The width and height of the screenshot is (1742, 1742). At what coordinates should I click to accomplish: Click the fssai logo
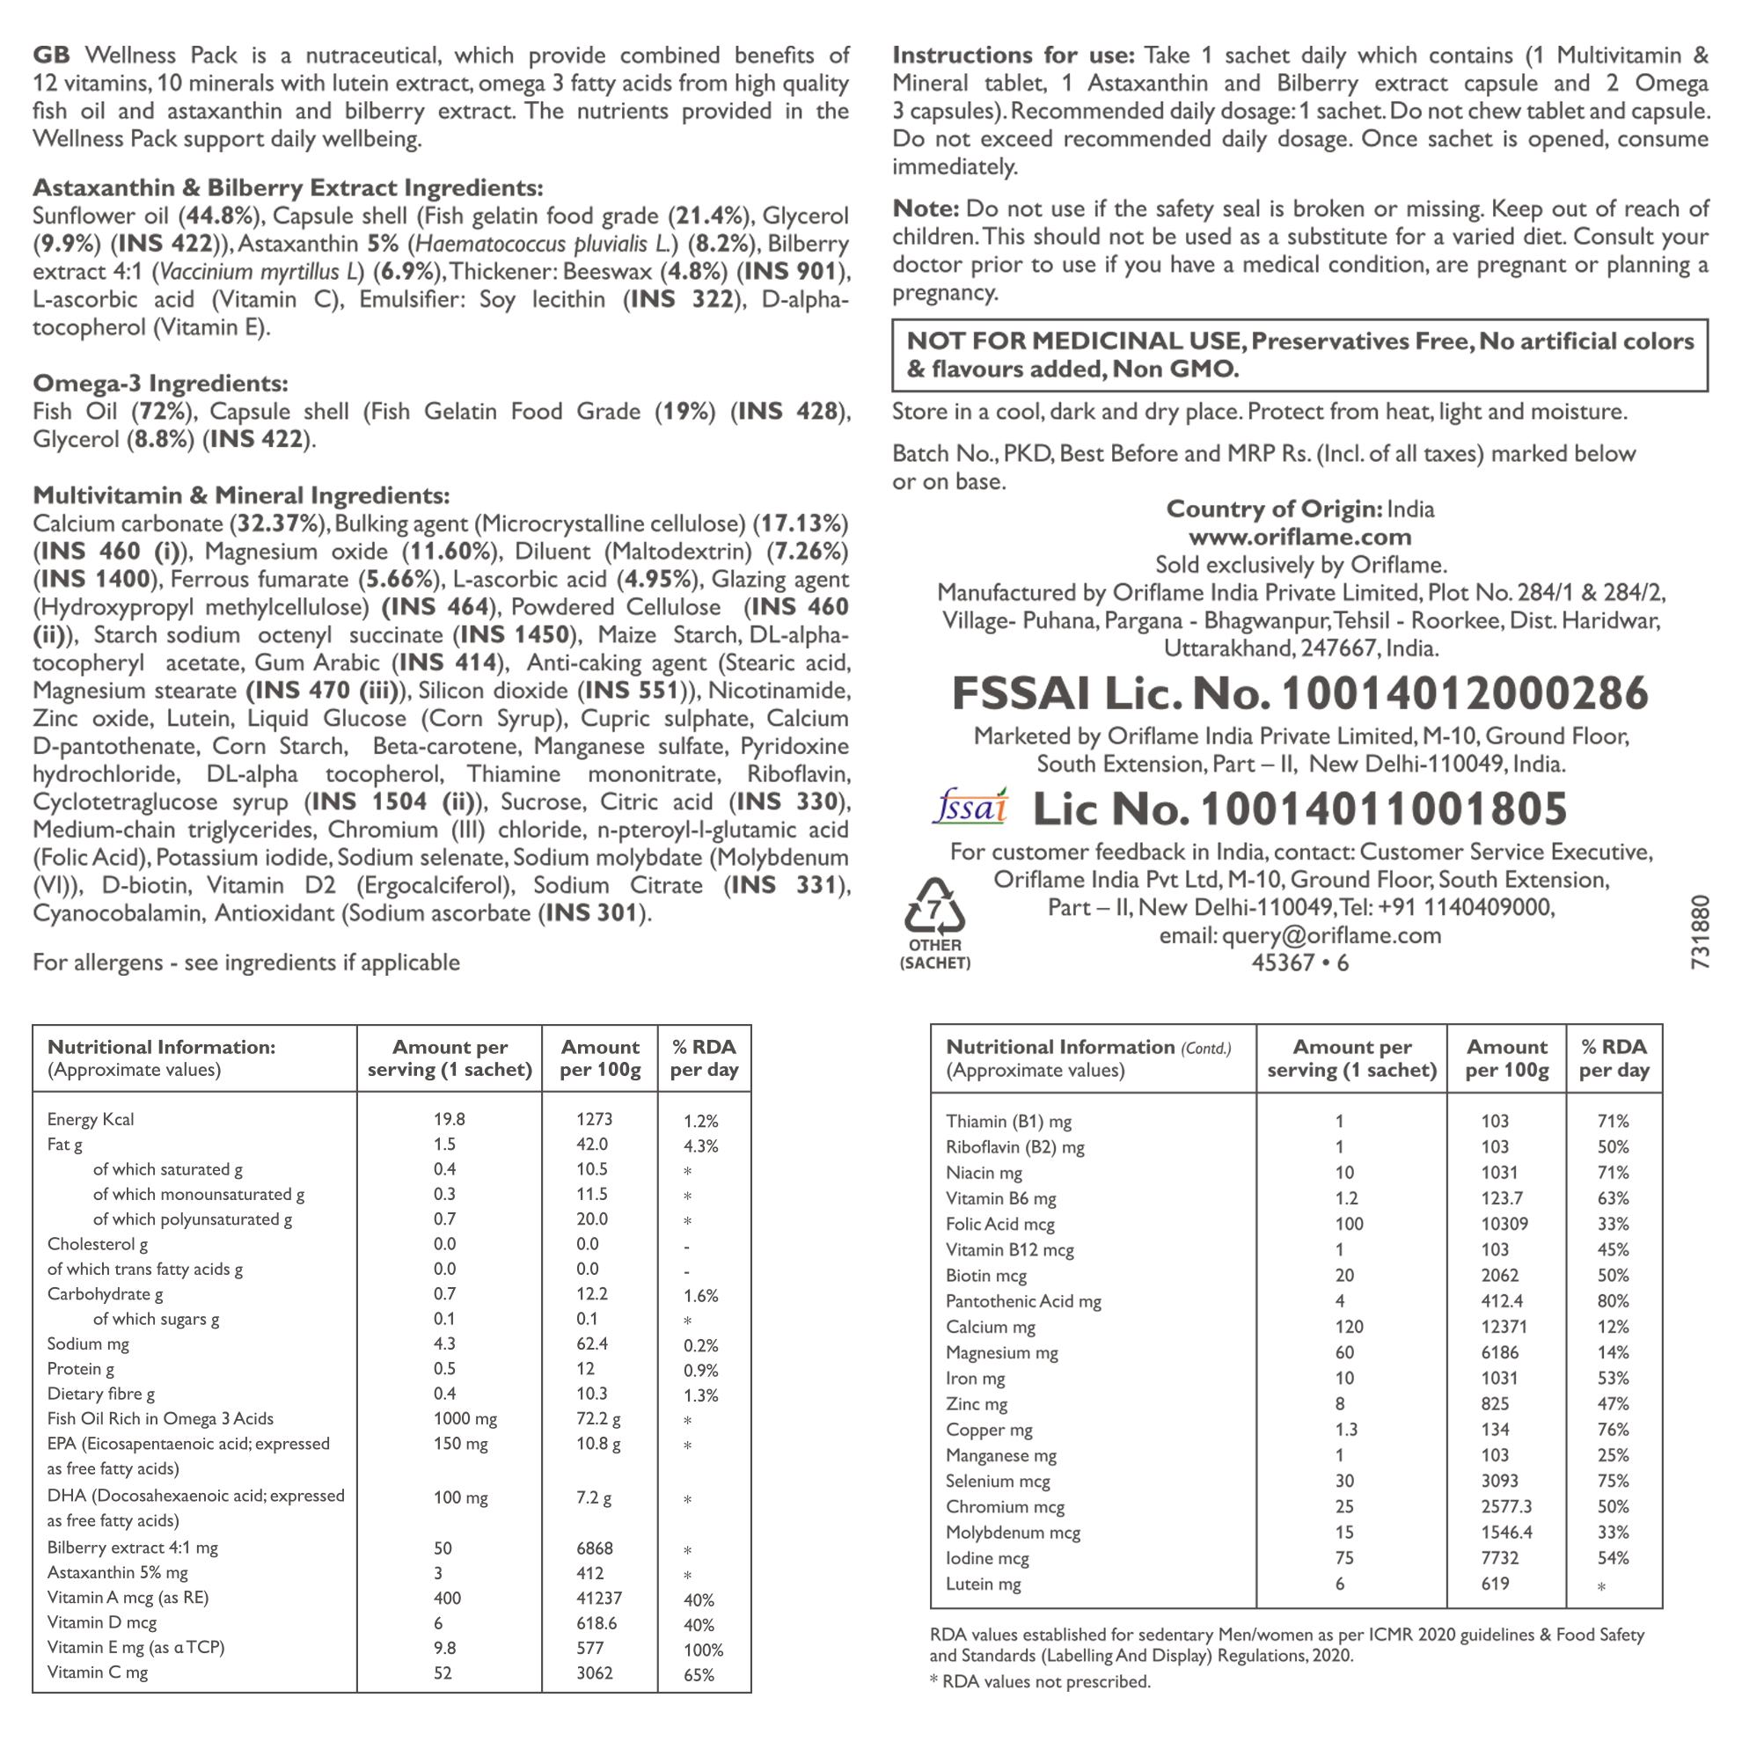tap(970, 807)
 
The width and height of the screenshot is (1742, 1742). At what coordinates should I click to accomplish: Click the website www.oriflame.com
tap(1299, 538)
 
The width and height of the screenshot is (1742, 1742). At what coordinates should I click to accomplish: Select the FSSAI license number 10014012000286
tap(1464, 693)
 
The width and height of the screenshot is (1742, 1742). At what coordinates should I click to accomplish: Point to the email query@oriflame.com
tap(1331, 935)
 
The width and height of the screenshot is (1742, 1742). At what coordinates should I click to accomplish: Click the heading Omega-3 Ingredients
tap(160, 384)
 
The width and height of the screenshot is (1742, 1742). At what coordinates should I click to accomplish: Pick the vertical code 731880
tap(1700, 933)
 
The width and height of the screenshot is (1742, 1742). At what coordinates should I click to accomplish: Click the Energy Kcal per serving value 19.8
tap(449, 1119)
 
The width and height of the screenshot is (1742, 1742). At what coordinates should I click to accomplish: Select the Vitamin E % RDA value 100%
tap(703, 1650)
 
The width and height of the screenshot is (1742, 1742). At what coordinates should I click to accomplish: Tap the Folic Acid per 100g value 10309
tap(1504, 1224)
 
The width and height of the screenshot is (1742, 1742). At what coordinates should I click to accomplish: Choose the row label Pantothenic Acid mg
tap(1023, 1301)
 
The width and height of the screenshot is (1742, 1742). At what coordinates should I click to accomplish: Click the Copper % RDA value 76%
tap(1613, 1429)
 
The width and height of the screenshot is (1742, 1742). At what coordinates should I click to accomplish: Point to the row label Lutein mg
tap(983, 1584)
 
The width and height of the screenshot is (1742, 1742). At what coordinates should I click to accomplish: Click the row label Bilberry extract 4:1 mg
tap(133, 1548)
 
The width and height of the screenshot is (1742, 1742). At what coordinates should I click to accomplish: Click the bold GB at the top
tap(51, 56)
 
